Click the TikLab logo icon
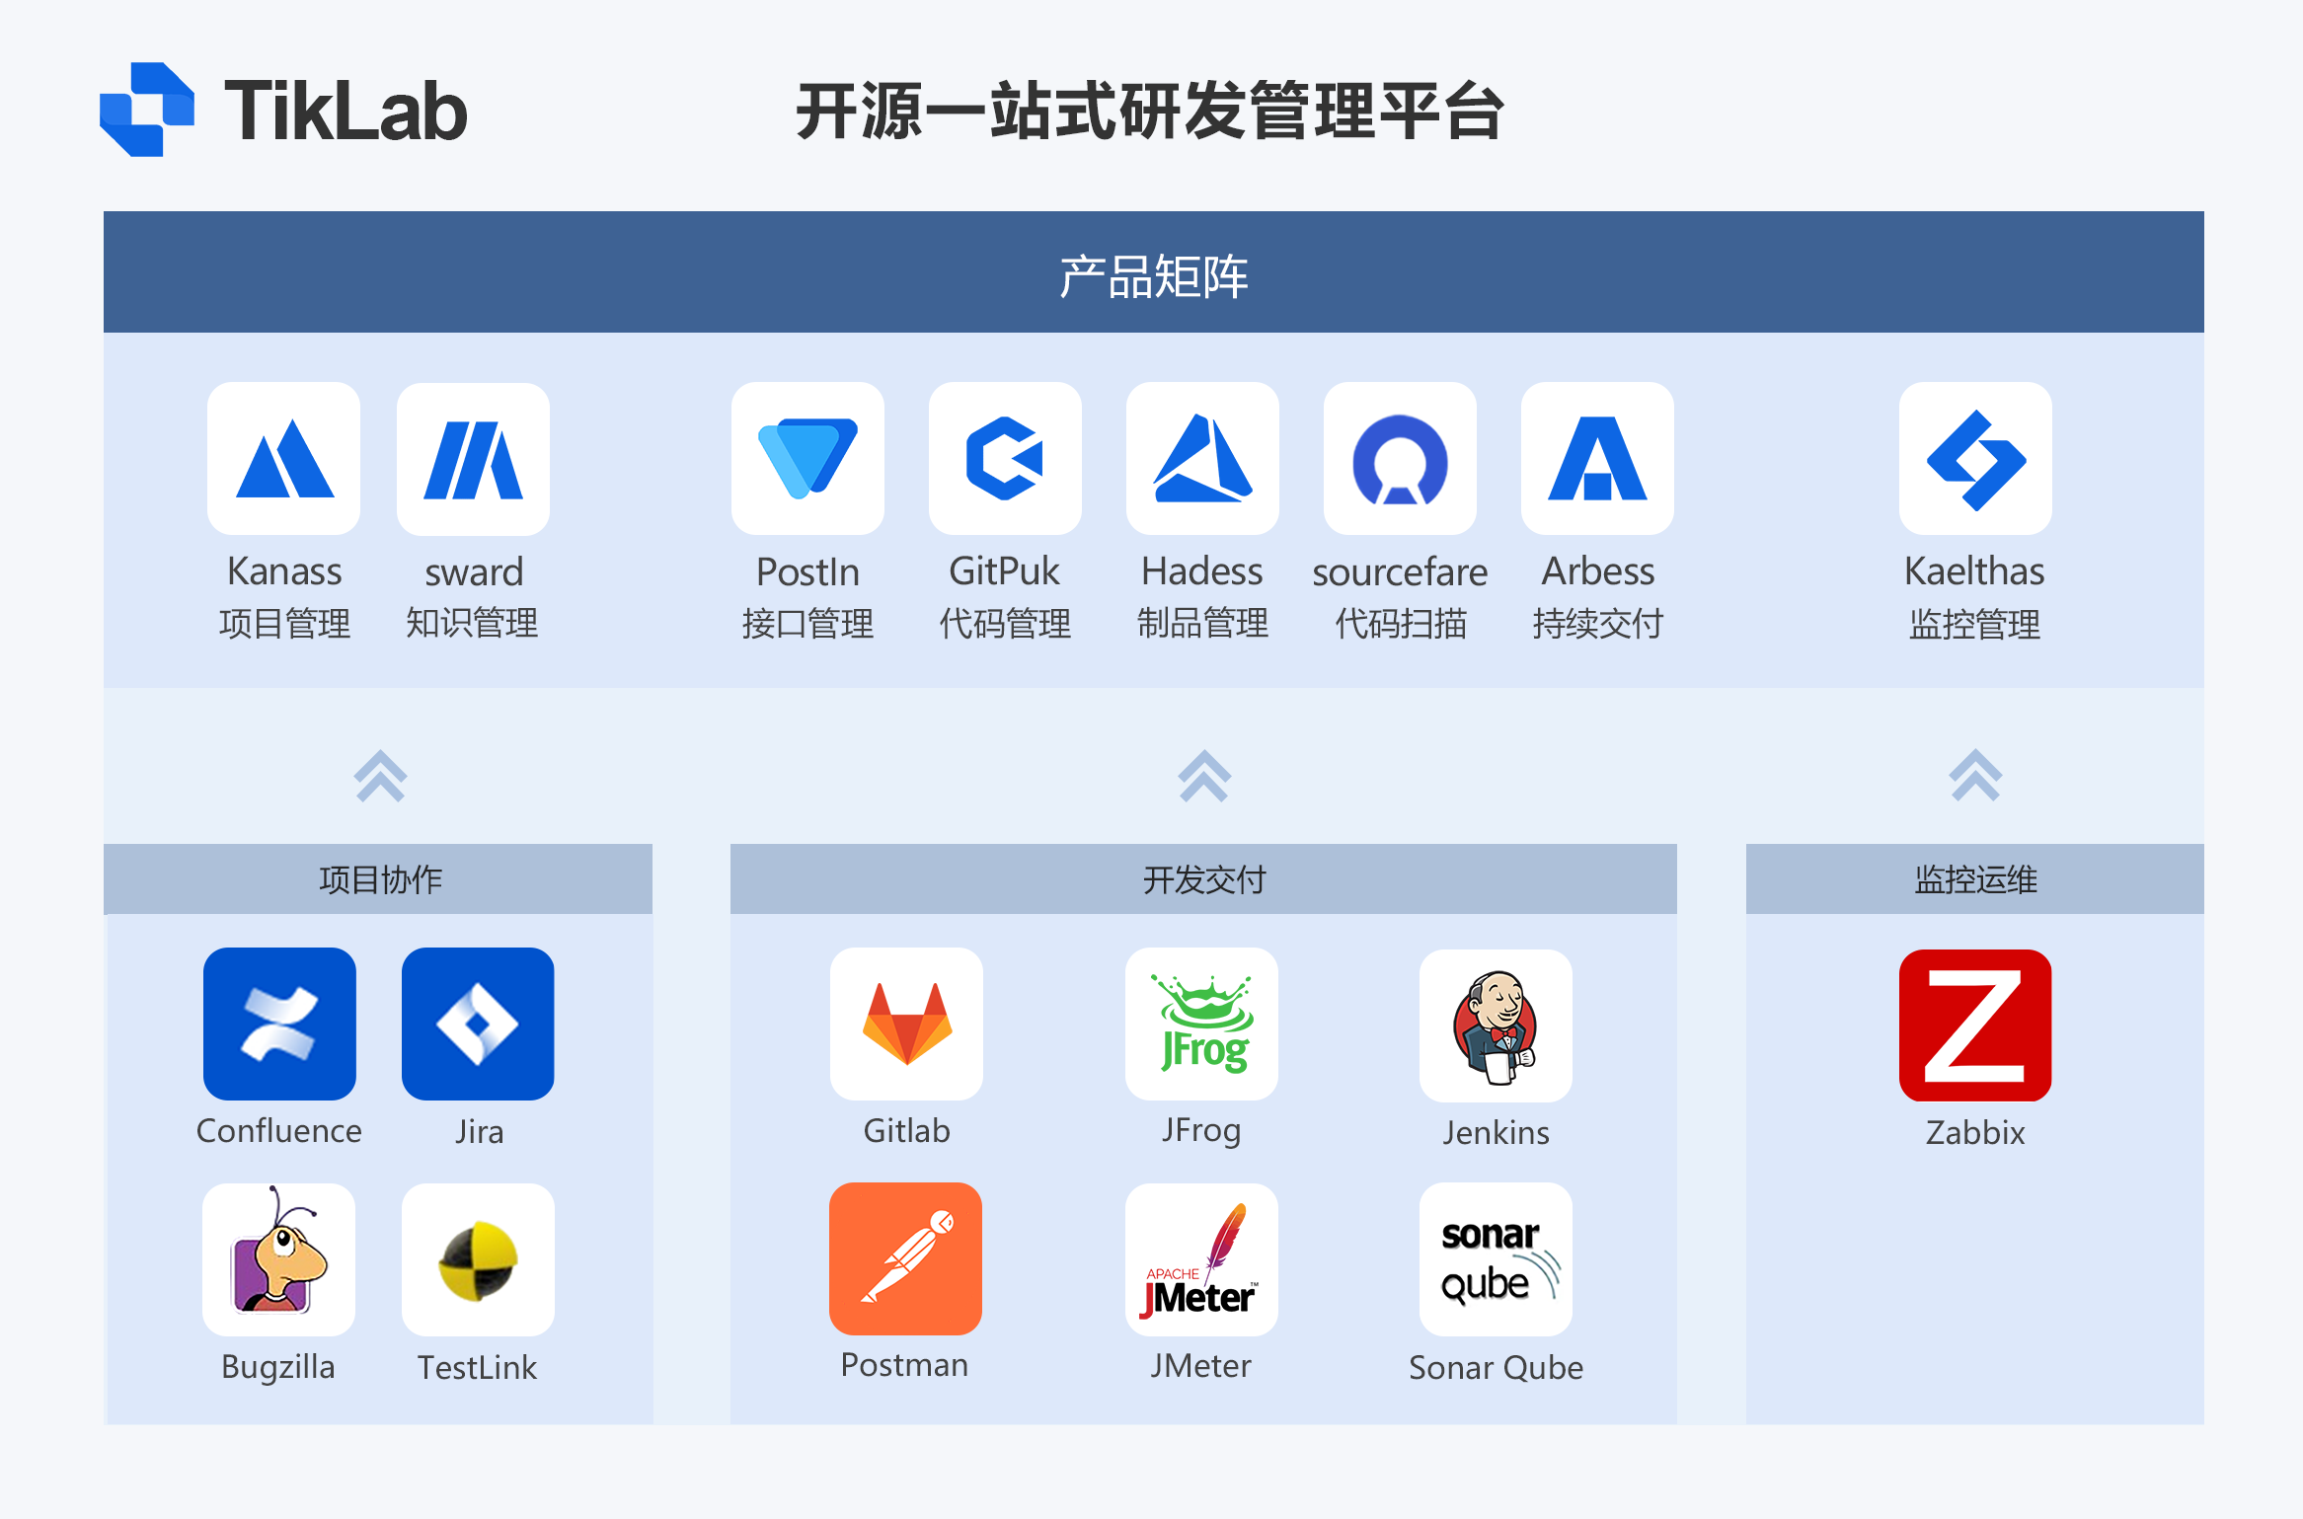click(x=147, y=110)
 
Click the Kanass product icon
click(x=284, y=459)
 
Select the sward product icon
click(x=473, y=459)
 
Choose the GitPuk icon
click(x=1005, y=459)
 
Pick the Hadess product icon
click(x=1202, y=459)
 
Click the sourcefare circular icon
click(x=1400, y=459)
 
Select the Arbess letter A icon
click(x=1597, y=459)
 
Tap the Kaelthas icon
click(x=1975, y=459)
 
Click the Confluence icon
click(x=279, y=1024)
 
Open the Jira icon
click(x=478, y=1024)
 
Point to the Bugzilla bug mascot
click(x=278, y=1259)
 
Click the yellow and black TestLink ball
click(x=478, y=1259)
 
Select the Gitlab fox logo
click(x=906, y=1024)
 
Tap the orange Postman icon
click(x=905, y=1258)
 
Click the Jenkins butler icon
click(x=1496, y=1025)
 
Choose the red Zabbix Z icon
click(x=1975, y=1025)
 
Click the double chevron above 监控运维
click(x=1975, y=776)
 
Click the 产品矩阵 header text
click(x=1153, y=275)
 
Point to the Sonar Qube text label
click(x=1496, y=1367)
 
